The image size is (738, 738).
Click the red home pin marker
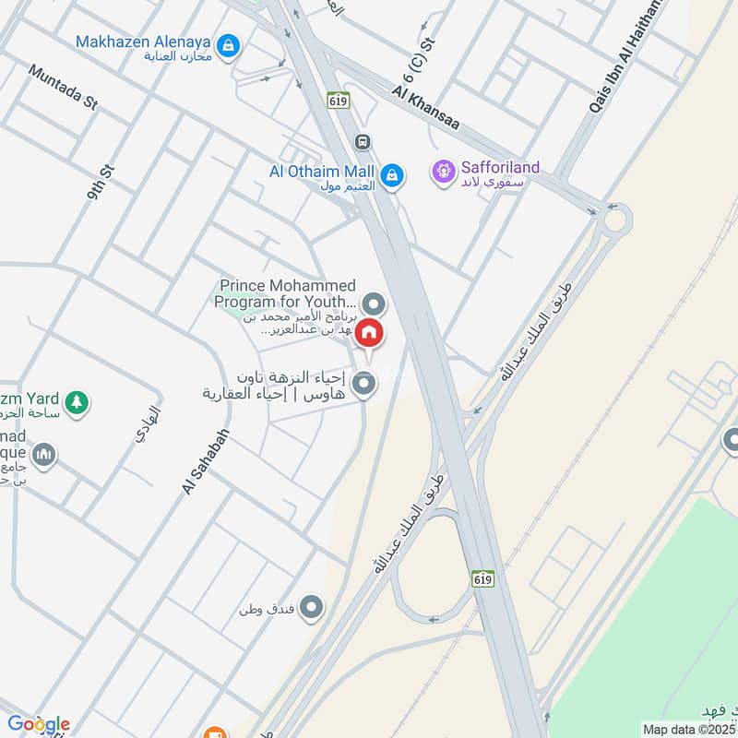[369, 332]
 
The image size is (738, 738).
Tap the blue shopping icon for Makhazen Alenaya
[229, 43]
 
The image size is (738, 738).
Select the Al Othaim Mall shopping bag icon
[392, 173]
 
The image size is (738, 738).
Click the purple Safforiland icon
[444, 171]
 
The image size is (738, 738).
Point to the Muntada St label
[63, 88]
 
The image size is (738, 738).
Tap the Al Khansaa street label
[425, 107]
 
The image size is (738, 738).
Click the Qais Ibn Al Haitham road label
[627, 55]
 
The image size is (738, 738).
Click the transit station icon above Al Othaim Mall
[363, 142]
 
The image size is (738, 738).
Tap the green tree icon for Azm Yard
[77, 401]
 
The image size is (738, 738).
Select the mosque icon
[43, 455]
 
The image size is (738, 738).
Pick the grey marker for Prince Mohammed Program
[374, 303]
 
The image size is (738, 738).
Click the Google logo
[39, 724]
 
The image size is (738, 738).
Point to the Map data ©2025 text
[689, 729]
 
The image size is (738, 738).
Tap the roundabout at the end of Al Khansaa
[615, 220]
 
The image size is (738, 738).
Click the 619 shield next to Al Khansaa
[338, 101]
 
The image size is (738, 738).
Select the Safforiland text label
[499, 168]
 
